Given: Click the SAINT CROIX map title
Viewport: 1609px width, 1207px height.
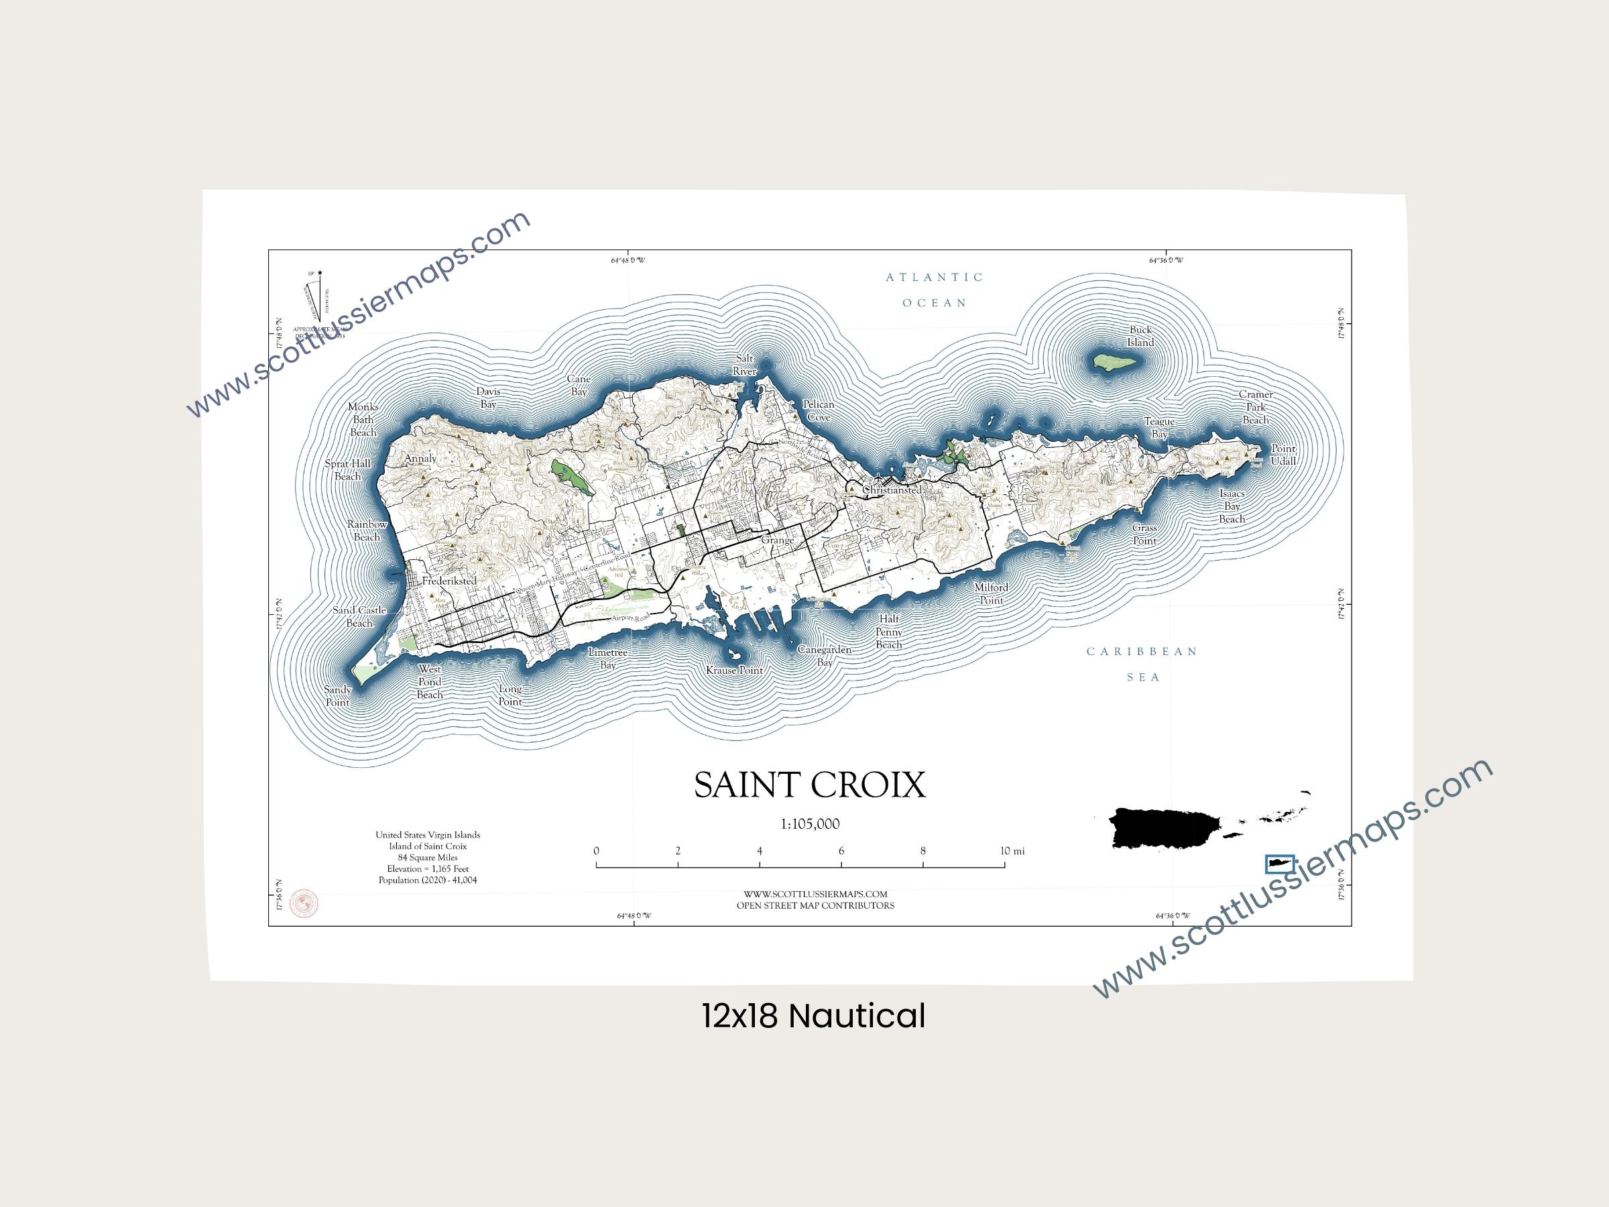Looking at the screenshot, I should [x=810, y=785].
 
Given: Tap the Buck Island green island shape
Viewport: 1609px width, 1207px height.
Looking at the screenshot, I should [x=1114, y=361].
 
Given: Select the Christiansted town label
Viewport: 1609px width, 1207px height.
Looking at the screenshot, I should [x=892, y=490].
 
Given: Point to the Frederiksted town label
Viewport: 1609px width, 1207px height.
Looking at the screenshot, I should [x=449, y=581].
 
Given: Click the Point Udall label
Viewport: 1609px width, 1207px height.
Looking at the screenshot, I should [x=1283, y=455].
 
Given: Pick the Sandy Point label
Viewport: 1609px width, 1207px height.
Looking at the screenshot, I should [x=337, y=695].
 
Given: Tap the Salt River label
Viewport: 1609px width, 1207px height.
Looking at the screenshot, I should [x=744, y=365].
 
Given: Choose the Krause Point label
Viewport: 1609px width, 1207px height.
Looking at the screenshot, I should [x=735, y=670].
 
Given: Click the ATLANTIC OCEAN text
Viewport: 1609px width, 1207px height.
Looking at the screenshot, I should [x=935, y=290].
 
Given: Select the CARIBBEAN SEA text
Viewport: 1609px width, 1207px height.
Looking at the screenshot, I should [x=1142, y=664].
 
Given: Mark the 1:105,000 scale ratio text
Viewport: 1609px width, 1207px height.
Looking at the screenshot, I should [x=810, y=824].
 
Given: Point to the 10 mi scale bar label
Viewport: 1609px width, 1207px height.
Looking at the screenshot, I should [x=1012, y=851].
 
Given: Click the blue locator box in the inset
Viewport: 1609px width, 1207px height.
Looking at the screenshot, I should [x=1279, y=864].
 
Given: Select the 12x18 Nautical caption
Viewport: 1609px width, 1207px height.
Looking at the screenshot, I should [x=813, y=1016].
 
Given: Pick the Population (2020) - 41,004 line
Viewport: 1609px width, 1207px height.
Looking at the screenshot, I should [x=428, y=880].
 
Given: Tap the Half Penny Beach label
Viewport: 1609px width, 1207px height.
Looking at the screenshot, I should [x=889, y=632].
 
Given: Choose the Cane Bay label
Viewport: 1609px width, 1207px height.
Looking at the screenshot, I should [x=579, y=386].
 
